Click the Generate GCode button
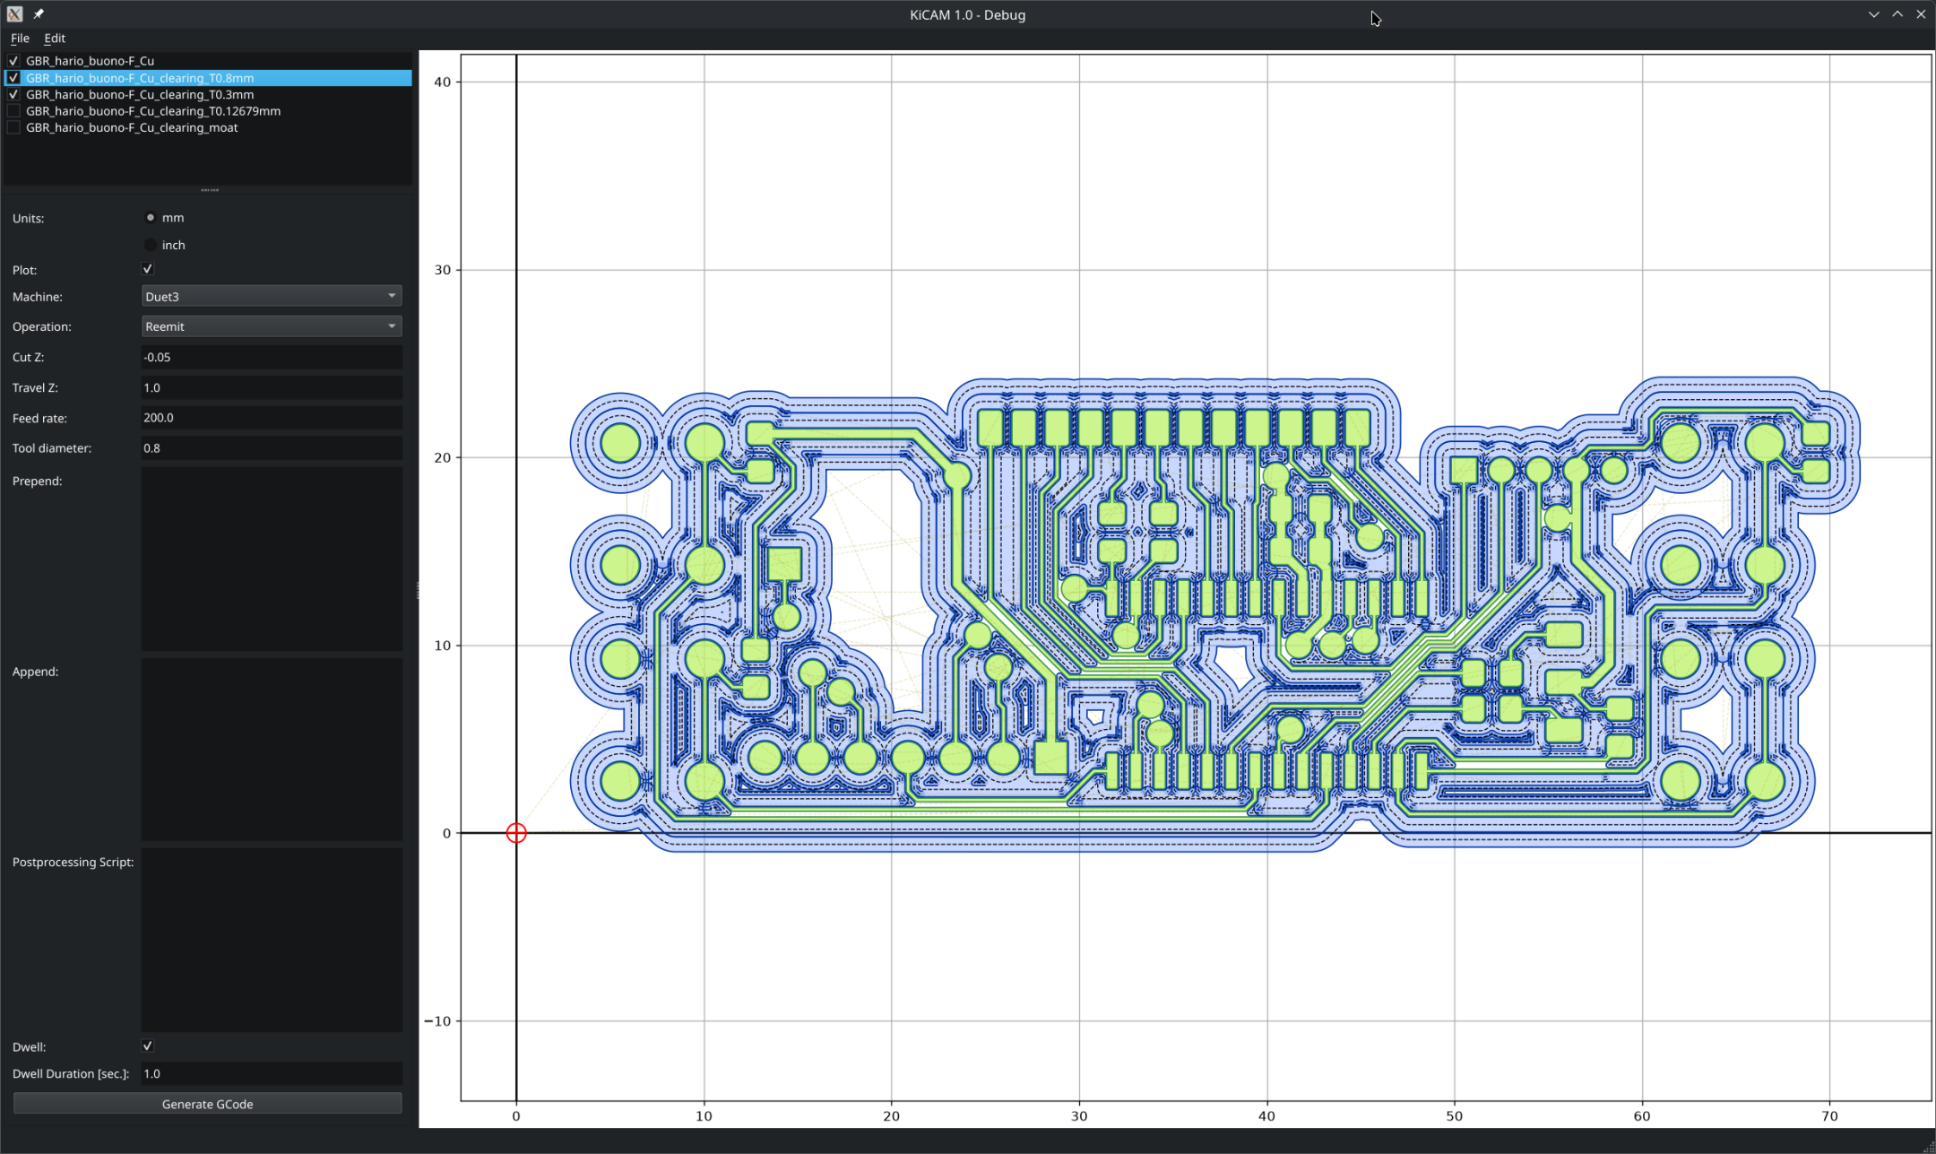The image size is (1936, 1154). (207, 1104)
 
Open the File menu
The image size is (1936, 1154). (20, 39)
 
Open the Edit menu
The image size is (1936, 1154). (55, 39)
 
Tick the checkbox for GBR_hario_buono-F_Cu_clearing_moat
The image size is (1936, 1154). (13, 128)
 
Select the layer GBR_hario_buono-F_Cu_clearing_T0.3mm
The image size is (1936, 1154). (140, 94)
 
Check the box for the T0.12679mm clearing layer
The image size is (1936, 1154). (13, 111)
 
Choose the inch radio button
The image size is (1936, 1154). (151, 245)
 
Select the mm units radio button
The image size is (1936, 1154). (151, 217)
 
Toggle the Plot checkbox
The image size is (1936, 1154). (148, 269)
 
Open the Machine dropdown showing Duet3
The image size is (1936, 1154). (272, 296)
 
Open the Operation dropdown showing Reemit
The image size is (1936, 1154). (272, 326)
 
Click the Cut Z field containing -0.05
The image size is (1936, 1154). (272, 357)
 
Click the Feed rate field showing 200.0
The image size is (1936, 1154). (272, 418)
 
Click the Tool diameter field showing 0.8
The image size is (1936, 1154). (272, 448)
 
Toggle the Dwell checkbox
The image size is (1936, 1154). (148, 1046)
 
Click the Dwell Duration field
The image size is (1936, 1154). (272, 1073)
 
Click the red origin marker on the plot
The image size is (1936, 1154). (516, 833)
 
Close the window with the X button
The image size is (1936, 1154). (1921, 14)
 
